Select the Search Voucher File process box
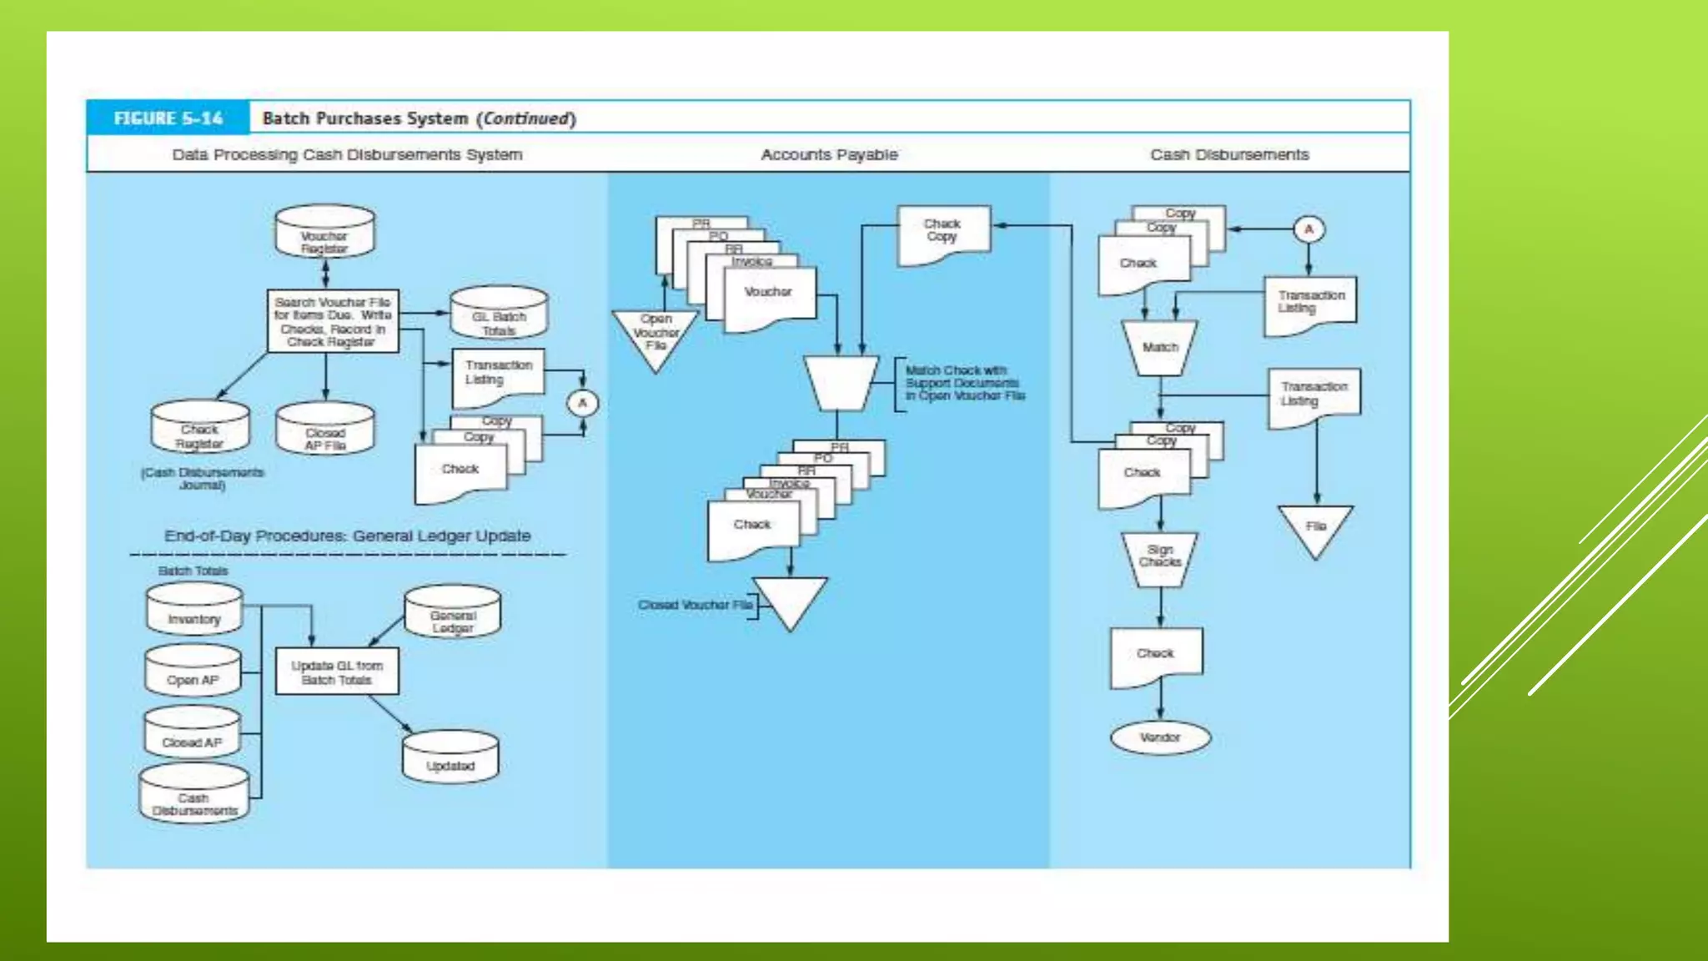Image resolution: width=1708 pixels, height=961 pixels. (333, 321)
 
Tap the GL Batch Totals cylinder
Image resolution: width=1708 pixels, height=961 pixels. (499, 314)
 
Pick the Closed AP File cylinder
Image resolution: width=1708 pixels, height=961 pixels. (324, 430)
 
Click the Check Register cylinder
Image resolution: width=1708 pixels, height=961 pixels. (200, 428)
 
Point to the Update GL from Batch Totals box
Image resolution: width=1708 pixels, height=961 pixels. (337, 672)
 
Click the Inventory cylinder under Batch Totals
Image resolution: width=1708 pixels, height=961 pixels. (194, 611)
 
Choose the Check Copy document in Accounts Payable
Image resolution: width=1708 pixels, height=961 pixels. (943, 233)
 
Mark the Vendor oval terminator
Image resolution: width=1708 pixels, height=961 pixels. (1159, 737)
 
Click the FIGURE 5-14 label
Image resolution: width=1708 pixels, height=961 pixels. (168, 118)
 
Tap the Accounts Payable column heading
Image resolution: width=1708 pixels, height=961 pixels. (829, 154)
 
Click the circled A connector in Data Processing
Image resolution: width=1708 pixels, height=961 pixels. (582, 404)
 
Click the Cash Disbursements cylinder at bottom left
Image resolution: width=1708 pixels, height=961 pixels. (194, 795)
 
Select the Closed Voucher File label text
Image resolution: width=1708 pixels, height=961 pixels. (695, 605)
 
